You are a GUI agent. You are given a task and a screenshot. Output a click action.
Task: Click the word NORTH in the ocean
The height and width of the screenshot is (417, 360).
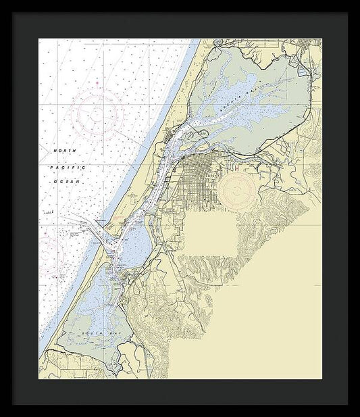(64, 149)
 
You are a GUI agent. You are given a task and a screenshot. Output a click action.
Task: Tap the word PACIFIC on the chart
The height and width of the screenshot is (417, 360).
(64, 166)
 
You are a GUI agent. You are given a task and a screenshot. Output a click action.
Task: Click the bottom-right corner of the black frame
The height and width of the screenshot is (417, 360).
(348, 404)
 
